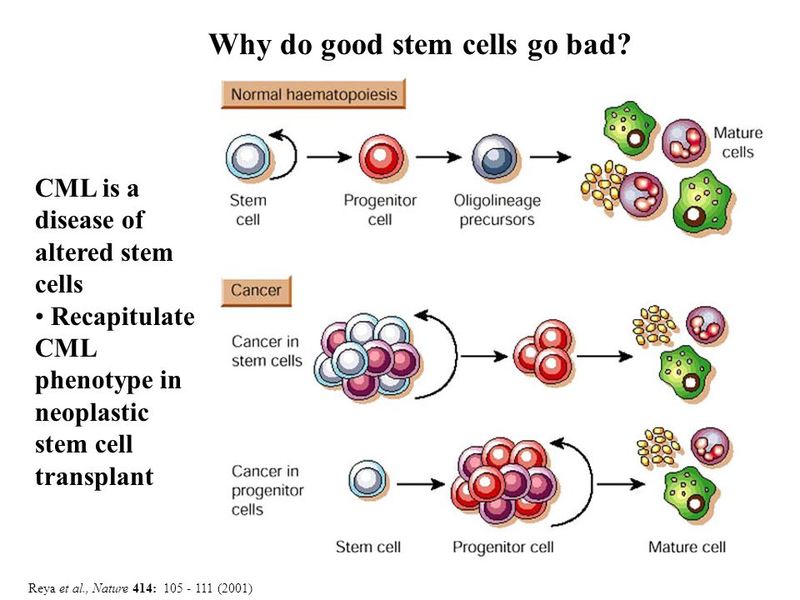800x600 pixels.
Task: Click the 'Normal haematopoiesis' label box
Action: (313, 94)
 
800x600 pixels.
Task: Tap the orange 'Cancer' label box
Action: (256, 290)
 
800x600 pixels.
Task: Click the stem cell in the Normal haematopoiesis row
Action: (248, 157)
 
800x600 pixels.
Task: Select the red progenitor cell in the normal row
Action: (381, 157)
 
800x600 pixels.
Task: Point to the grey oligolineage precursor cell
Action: (494, 157)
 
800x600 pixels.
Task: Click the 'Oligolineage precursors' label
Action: (497, 210)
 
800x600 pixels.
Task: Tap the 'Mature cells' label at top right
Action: (737, 142)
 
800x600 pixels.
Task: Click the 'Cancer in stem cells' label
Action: (267, 351)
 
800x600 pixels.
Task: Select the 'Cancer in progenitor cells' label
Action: (267, 490)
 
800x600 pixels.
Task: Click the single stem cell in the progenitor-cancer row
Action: (367, 481)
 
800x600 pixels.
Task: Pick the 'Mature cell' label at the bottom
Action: (687, 547)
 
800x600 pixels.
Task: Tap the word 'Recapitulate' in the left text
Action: (123, 317)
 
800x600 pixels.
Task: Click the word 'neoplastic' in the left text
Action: (92, 412)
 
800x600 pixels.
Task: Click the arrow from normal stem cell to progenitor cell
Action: (330, 157)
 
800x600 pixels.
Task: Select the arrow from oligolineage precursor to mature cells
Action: (550, 157)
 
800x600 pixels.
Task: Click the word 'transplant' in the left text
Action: (94, 477)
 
